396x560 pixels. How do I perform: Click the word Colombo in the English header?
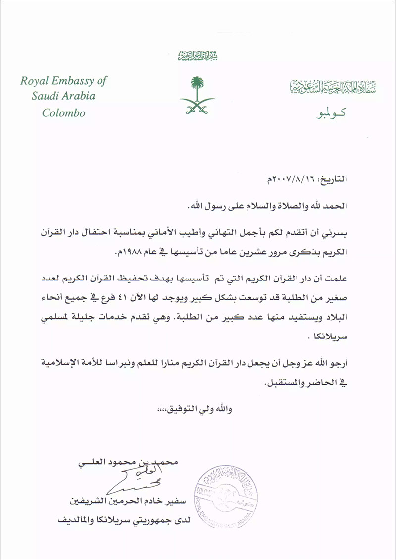63,113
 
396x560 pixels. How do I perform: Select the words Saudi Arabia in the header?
63,97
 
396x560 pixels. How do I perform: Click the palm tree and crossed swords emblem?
197,94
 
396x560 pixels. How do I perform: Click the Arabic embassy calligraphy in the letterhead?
332,87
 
